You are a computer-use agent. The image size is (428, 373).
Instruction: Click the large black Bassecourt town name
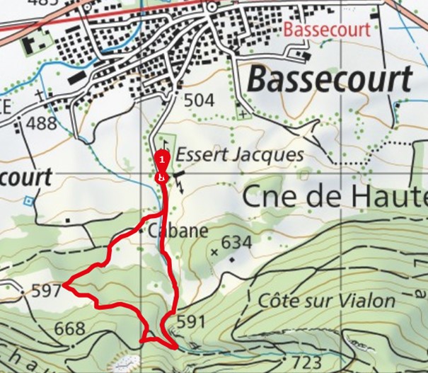329,79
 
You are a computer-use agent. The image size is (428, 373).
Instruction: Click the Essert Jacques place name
239,154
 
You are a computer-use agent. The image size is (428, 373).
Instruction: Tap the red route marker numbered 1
162,159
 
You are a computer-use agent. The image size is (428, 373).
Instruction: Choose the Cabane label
178,231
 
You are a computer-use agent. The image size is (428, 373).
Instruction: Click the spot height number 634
236,243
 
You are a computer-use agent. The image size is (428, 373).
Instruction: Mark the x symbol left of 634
214,251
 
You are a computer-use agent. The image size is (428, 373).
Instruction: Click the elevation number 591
190,322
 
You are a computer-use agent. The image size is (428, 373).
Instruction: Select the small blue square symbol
28,200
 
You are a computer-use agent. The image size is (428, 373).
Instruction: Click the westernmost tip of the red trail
63,285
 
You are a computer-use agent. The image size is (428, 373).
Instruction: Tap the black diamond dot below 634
231,260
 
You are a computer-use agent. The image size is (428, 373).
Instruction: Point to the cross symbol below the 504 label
243,113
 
